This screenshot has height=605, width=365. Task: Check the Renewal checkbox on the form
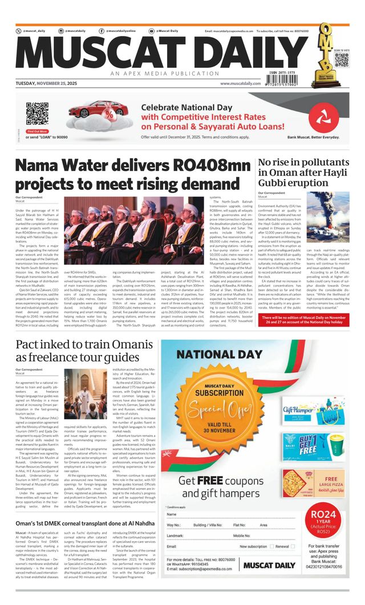click(x=293, y=546)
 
